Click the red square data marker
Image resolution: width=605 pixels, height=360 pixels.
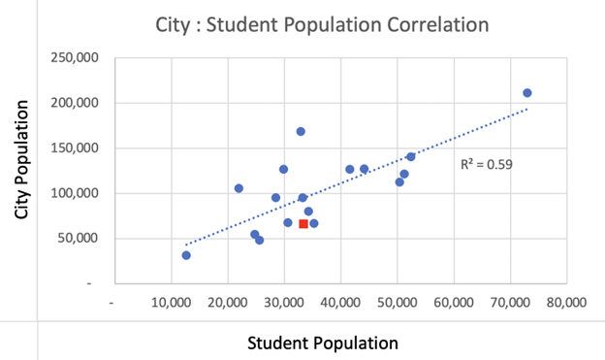point(303,224)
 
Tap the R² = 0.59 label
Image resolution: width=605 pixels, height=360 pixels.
point(486,164)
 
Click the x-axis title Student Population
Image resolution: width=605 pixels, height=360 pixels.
point(323,343)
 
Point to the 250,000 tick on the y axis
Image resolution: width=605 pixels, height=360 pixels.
point(81,58)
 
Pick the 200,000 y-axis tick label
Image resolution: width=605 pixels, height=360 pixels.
point(81,103)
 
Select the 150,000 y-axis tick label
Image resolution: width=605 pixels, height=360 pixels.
point(81,148)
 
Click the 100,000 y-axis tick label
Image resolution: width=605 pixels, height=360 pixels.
point(81,193)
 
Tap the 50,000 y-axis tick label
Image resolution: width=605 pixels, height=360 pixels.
point(84,239)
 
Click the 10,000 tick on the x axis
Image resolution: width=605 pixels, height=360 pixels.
point(172,302)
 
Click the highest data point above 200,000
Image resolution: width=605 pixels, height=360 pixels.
point(527,93)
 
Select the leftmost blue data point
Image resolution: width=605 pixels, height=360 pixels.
point(186,255)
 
